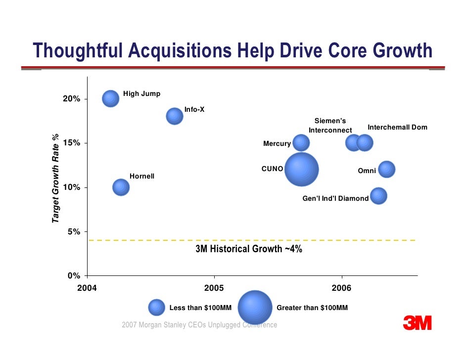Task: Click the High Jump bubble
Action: click(111, 98)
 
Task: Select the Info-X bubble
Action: click(174, 116)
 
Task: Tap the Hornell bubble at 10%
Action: click(121, 187)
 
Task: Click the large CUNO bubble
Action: click(301, 169)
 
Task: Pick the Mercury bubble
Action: click(301, 143)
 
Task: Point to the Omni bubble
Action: click(386, 170)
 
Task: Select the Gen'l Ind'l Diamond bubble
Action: click(378, 196)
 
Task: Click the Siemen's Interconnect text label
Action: click(330, 126)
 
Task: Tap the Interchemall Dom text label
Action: click(397, 128)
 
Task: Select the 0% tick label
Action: click(74, 276)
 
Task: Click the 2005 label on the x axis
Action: click(214, 288)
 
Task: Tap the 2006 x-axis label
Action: click(341, 288)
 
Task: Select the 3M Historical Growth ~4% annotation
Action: click(249, 249)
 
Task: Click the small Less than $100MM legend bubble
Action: click(156, 308)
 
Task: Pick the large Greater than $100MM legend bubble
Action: click(255, 308)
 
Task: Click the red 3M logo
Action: click(417, 323)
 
